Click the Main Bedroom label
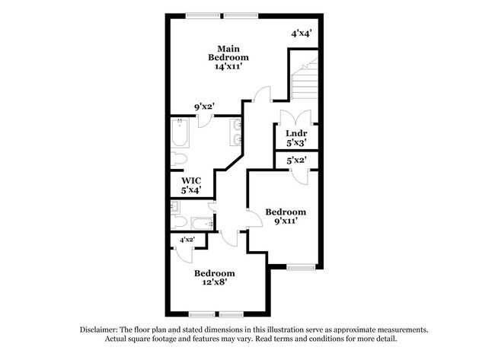tap(228, 53)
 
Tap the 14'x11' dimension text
tap(228, 66)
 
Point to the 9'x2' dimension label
tap(205, 107)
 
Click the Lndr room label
tap(296, 133)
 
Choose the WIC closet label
tap(191, 181)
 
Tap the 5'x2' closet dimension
tap(296, 161)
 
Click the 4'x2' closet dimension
tap(187, 240)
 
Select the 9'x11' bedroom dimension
tap(286, 221)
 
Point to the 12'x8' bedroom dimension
tap(215, 282)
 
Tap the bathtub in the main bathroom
tap(180, 132)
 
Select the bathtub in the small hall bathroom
tap(202, 224)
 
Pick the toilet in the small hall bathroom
tap(179, 222)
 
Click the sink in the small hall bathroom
tap(175, 207)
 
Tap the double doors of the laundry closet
tap(296, 116)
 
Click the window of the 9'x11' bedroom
tap(301, 268)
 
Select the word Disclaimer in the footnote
tap(99, 330)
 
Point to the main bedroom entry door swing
tap(262, 94)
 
